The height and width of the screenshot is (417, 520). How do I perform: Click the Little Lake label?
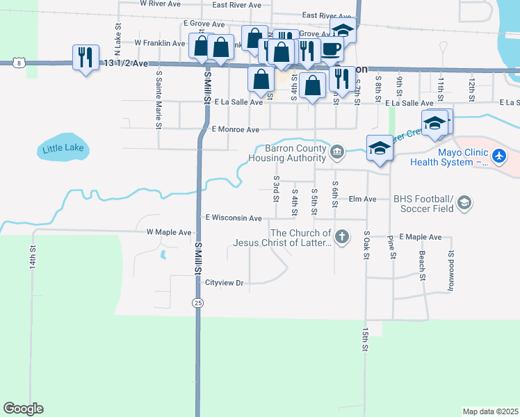[63, 148]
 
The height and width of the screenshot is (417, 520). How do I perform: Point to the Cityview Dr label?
[225, 283]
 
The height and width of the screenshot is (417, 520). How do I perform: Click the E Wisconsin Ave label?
[234, 218]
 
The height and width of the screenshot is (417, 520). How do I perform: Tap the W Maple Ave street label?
[168, 232]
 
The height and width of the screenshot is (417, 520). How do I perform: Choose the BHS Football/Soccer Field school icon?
[464, 204]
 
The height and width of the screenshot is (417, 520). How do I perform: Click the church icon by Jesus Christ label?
[341, 238]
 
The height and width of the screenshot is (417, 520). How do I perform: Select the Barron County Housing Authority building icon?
[336, 152]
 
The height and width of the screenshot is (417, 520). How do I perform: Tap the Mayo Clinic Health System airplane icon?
[498, 156]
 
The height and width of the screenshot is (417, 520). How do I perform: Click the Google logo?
[23, 409]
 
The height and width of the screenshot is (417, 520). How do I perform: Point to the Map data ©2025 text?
[490, 411]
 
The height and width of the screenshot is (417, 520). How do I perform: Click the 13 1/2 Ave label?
[125, 63]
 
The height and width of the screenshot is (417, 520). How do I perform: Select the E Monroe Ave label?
[235, 129]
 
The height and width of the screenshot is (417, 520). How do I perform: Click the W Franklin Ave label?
[160, 42]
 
